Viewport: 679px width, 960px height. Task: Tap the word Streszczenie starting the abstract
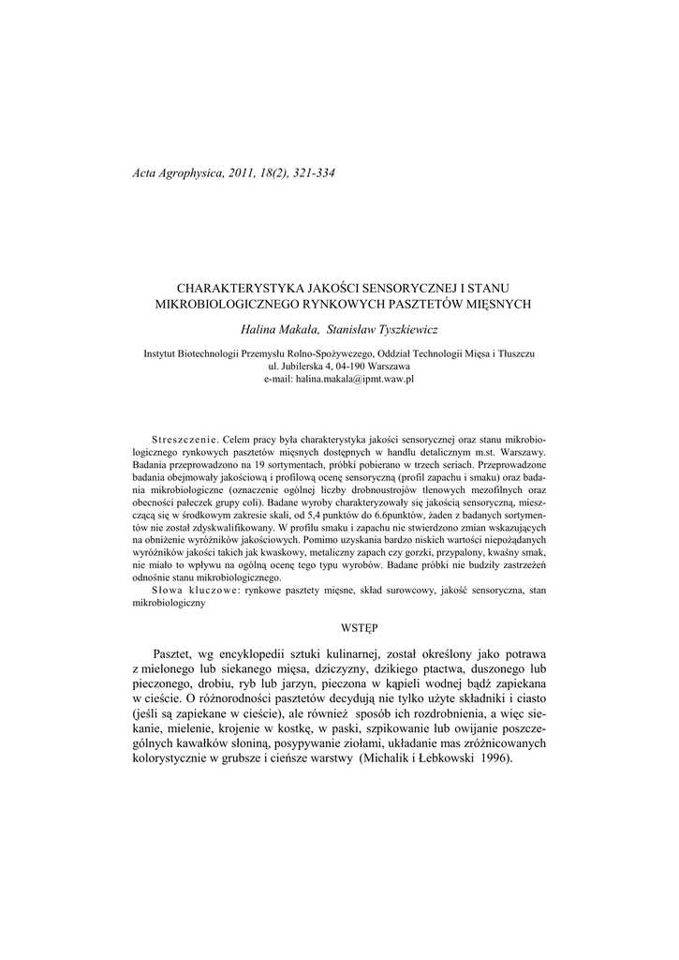point(184,439)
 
